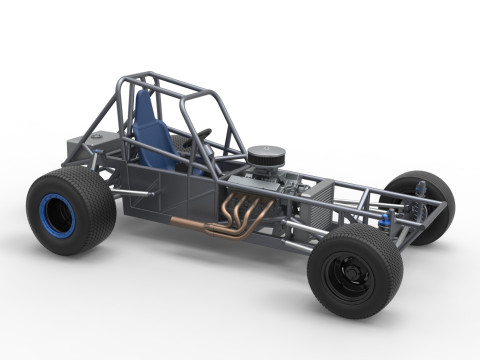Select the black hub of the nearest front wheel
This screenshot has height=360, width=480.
[x=349, y=272]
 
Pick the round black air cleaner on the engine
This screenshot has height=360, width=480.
[x=267, y=155]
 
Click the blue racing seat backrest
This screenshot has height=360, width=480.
[x=148, y=128]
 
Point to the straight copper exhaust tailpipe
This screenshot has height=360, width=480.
[x=190, y=222]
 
